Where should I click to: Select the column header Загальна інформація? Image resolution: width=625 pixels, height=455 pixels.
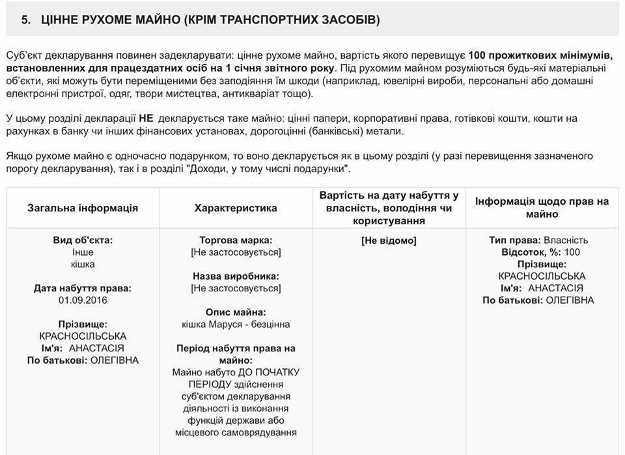tap(83, 208)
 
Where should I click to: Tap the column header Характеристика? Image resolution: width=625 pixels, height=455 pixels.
tap(236, 208)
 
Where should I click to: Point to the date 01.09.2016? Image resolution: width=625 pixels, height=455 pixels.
tap(83, 300)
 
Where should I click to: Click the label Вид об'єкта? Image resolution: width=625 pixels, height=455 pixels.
tap(83, 240)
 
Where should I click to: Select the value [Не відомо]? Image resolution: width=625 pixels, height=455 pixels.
tap(389, 240)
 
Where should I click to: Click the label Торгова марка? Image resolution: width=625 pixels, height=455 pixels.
tap(236, 240)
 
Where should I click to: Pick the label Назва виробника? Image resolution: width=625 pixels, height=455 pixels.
tap(236, 276)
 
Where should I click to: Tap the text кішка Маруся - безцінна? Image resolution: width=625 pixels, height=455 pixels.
tap(236, 324)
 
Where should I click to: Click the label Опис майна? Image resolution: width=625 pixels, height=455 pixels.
tap(236, 312)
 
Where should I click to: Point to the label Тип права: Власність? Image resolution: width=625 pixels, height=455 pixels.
tap(538, 240)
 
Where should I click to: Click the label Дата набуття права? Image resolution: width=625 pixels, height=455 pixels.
tap(83, 288)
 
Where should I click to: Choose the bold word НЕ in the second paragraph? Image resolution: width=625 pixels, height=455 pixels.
tap(146, 119)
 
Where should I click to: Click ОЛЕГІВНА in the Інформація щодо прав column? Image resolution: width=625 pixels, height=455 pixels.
tap(570, 300)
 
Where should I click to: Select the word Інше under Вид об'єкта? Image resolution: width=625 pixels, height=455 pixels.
tap(83, 252)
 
